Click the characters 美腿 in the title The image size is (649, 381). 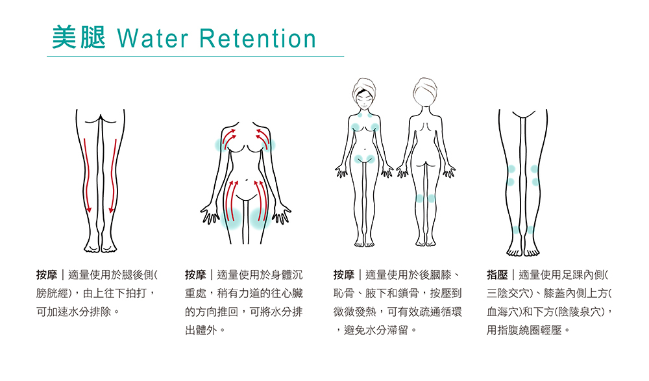(x=79, y=38)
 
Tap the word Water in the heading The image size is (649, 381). (x=154, y=39)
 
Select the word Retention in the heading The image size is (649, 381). (x=258, y=39)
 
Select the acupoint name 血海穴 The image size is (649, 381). (x=506, y=312)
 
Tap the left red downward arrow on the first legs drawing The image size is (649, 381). (x=88, y=175)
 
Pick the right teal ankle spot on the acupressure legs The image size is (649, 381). (x=530, y=230)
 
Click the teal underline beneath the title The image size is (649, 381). (x=195, y=57)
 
